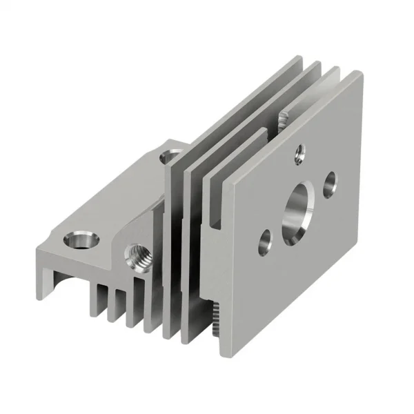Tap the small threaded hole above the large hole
[x=299, y=152]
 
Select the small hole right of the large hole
[x=329, y=182]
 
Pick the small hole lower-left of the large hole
[x=264, y=243]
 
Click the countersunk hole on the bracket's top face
[x=81, y=241]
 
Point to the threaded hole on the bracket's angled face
[x=136, y=259]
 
